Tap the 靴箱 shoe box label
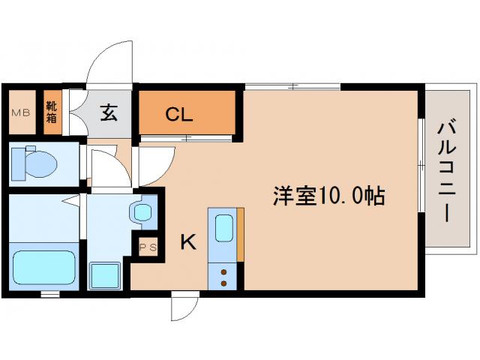[x=51, y=111]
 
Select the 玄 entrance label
[x=109, y=113]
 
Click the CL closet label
[x=179, y=115]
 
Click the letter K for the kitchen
[x=187, y=241]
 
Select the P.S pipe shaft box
[x=146, y=247]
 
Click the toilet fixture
[x=37, y=161]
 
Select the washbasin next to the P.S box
[x=143, y=211]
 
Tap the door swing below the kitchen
[x=182, y=307]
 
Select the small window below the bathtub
[x=50, y=294]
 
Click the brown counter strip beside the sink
[x=240, y=236]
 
